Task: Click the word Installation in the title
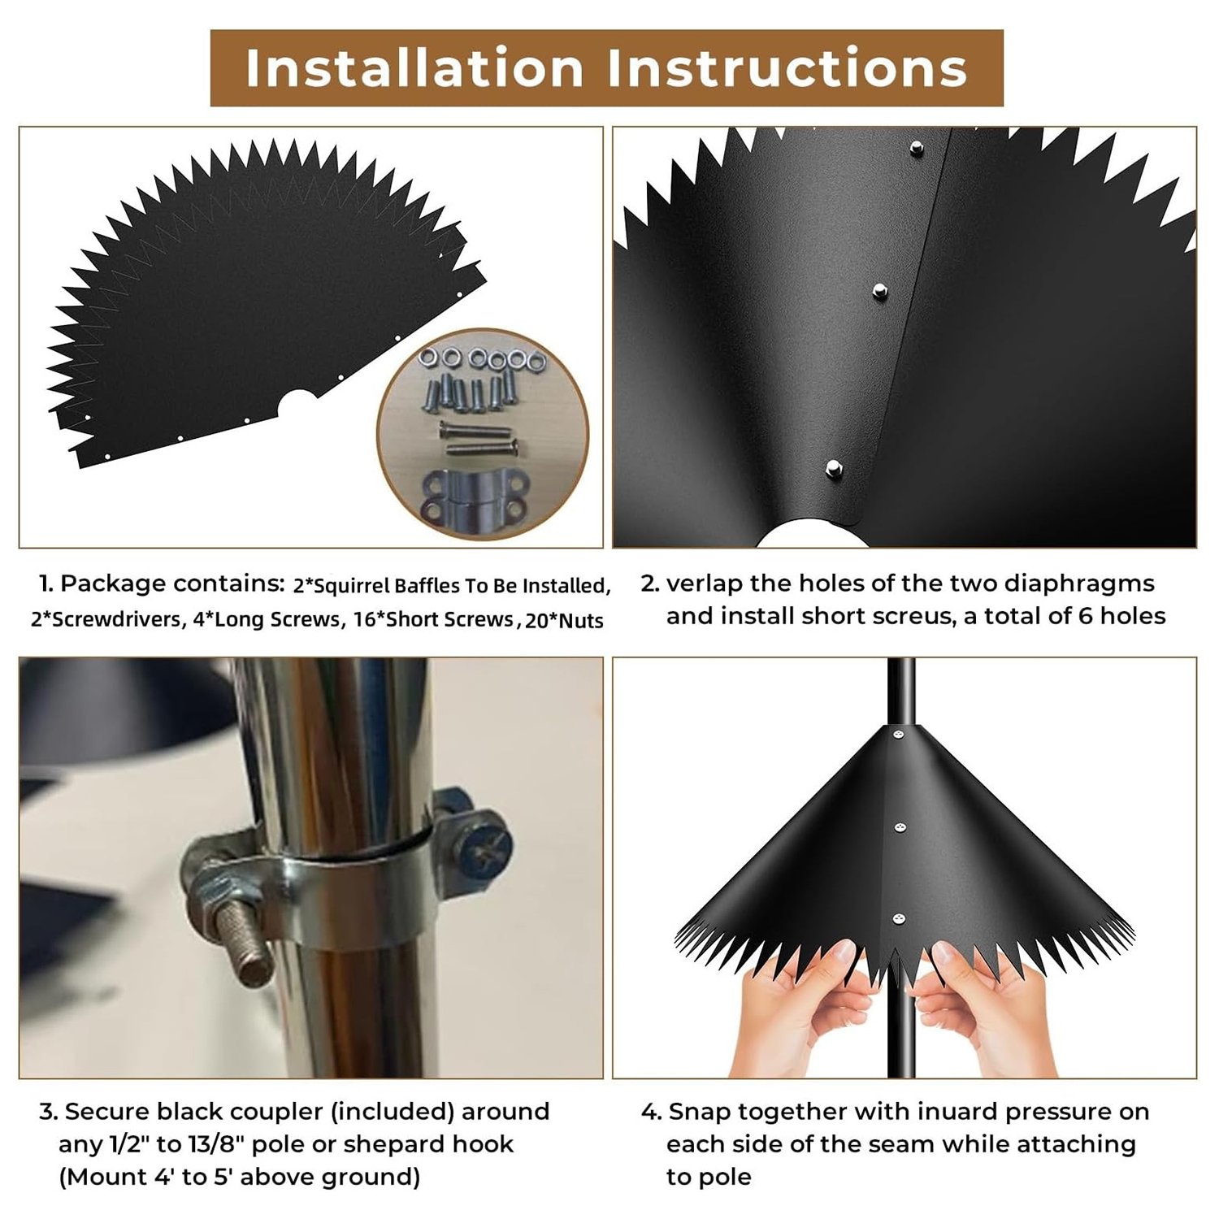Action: tap(414, 67)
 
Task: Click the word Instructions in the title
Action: tap(787, 67)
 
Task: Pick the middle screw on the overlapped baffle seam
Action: tap(878, 290)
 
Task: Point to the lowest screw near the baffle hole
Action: tap(833, 467)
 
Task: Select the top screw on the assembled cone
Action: tap(898, 735)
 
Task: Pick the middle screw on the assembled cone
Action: tap(900, 829)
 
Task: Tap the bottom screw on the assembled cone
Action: tap(898, 919)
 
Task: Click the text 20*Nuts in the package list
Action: tap(564, 621)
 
